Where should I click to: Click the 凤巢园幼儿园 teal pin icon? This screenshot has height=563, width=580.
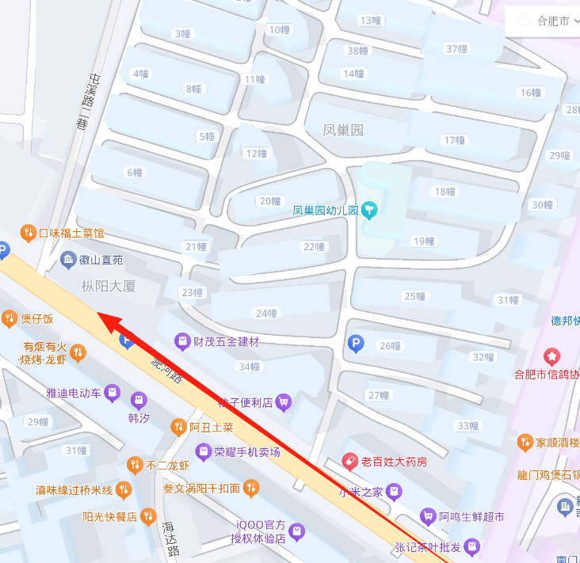click(x=369, y=210)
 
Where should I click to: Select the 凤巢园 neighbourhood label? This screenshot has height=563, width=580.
click(x=344, y=130)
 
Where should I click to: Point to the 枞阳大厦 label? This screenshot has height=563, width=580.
click(x=109, y=286)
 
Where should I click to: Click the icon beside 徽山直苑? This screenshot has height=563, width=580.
click(x=68, y=259)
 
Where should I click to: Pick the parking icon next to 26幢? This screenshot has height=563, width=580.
click(x=357, y=344)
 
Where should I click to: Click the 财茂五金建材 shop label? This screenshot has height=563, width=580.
click(x=226, y=341)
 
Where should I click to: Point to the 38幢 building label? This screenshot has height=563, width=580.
click(x=357, y=51)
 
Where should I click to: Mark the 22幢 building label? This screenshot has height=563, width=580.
click(x=314, y=247)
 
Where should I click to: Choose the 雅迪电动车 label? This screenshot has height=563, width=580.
click(x=74, y=392)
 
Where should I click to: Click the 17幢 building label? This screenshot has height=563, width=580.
click(x=454, y=140)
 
